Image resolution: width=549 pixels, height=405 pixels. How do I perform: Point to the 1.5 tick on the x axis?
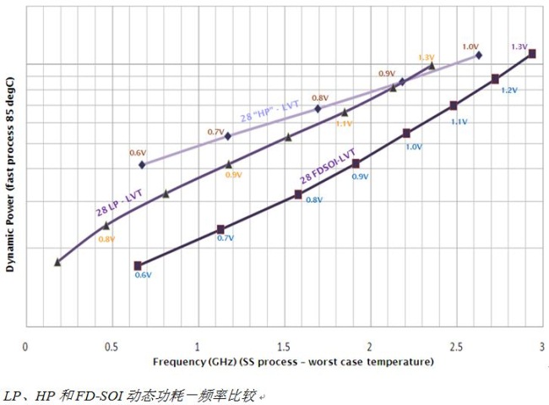tap(283, 347)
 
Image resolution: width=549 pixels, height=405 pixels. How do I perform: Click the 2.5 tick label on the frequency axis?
tap(455, 347)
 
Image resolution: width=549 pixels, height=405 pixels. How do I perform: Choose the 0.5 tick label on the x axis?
tap(111, 347)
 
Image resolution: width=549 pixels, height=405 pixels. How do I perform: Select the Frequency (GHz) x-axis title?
tap(293, 362)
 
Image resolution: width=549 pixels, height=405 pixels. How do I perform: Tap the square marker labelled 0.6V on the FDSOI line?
tap(138, 265)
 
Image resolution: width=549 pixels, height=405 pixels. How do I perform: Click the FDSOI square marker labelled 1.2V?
tap(495, 79)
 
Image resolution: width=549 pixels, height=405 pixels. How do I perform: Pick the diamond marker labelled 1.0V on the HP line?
tap(478, 55)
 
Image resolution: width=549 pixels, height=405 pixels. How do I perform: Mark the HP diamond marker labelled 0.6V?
tap(142, 164)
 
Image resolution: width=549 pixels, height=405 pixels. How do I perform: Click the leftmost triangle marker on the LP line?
tap(57, 262)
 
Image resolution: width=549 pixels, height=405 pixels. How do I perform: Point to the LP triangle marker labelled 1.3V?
tap(432, 65)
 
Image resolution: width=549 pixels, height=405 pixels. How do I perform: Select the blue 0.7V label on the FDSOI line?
tap(225, 238)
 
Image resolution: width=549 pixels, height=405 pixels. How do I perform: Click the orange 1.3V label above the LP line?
tap(426, 57)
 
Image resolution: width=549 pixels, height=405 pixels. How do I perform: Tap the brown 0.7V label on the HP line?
tap(215, 132)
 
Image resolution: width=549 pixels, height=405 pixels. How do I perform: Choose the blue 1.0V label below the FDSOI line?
tap(414, 146)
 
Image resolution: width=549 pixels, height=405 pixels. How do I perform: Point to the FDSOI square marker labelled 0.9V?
tap(356, 163)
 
